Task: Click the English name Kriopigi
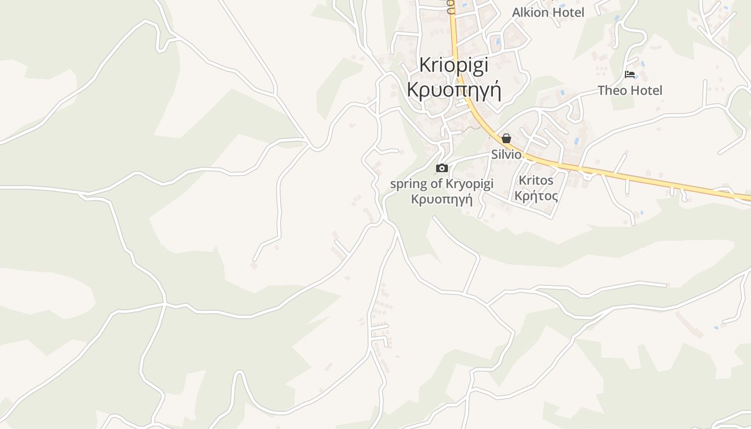(x=453, y=65)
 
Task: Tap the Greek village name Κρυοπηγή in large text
(x=454, y=89)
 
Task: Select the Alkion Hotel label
(x=548, y=12)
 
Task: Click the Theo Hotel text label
(x=630, y=90)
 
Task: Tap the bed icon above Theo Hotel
(x=630, y=74)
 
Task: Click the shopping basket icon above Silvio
(x=506, y=138)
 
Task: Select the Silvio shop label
(x=506, y=154)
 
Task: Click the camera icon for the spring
(x=442, y=168)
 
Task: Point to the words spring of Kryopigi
(x=441, y=184)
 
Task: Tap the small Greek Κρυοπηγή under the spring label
(x=441, y=199)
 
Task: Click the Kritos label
(x=536, y=180)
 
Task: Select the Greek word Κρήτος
(x=536, y=195)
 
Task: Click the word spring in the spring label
(x=408, y=184)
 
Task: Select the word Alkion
(x=529, y=12)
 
